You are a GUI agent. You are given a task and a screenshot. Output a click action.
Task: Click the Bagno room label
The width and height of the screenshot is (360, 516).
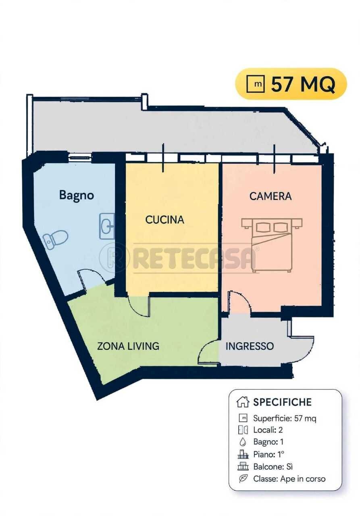tap(77, 196)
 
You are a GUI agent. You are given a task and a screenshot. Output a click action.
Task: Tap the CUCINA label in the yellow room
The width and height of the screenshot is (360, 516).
tap(165, 220)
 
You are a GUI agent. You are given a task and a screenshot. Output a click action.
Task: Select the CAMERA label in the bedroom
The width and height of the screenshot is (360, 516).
tap(271, 196)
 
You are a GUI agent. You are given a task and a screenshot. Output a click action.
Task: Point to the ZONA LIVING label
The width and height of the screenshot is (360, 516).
tap(128, 346)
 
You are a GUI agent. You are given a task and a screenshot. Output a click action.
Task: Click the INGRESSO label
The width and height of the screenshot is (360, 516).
tap(250, 346)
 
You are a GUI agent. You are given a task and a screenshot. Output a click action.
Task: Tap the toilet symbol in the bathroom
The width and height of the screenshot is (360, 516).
tap(56, 239)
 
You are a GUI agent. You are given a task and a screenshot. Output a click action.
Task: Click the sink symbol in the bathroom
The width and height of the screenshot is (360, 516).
tap(107, 226)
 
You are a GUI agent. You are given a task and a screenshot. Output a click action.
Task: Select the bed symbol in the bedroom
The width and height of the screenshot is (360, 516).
tap(272, 245)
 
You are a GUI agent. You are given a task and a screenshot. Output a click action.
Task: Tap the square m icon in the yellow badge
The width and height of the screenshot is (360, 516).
tap(256, 84)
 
